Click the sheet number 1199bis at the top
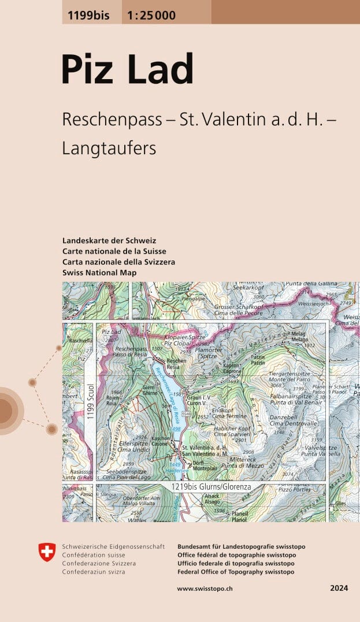pos(88,16)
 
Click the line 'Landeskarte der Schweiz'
pos(109,240)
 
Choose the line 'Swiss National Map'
pos(100,272)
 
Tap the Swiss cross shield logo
pos(47,552)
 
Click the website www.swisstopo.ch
pos(205,589)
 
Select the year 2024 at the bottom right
pos(339,589)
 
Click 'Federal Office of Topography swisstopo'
pos(236,572)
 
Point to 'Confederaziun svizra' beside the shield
pos(95,572)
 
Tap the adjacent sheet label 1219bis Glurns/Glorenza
pos(210,487)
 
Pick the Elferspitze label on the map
pos(134,444)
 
